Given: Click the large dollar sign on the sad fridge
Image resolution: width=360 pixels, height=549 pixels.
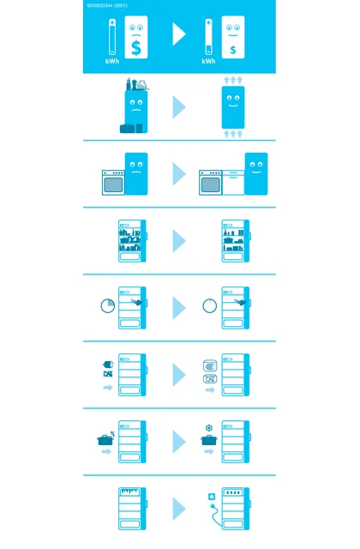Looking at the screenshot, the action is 136,48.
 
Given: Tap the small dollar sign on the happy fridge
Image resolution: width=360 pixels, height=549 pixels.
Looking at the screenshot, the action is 233,50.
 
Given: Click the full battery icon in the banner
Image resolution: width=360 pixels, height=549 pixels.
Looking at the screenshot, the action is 112,37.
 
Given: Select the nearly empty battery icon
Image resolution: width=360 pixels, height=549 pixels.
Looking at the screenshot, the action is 208,37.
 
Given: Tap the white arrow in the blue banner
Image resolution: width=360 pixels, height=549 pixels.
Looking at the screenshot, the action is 178,34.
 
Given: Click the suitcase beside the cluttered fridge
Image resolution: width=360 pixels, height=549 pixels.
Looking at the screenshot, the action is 127,129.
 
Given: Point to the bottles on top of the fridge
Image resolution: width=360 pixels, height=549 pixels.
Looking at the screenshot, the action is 132,84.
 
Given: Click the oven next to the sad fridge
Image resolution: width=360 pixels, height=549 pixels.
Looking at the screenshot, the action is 113,183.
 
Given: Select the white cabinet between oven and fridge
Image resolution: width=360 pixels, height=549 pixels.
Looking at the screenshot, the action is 233,183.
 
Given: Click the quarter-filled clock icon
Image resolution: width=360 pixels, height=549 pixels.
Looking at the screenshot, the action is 108,305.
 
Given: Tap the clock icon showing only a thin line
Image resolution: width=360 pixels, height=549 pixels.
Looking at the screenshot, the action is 209,305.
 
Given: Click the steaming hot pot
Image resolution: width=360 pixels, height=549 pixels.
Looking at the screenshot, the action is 105,438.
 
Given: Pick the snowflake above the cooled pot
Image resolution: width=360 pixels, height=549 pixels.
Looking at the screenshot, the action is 209,428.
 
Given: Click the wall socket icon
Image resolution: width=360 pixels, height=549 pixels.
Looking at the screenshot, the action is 212,497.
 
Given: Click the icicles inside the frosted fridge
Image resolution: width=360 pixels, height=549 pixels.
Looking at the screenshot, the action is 129,492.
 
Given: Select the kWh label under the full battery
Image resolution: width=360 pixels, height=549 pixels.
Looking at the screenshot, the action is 112,61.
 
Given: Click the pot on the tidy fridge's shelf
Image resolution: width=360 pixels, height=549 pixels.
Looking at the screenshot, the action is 229,240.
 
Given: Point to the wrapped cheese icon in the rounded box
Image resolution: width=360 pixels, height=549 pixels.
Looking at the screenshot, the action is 210,366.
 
